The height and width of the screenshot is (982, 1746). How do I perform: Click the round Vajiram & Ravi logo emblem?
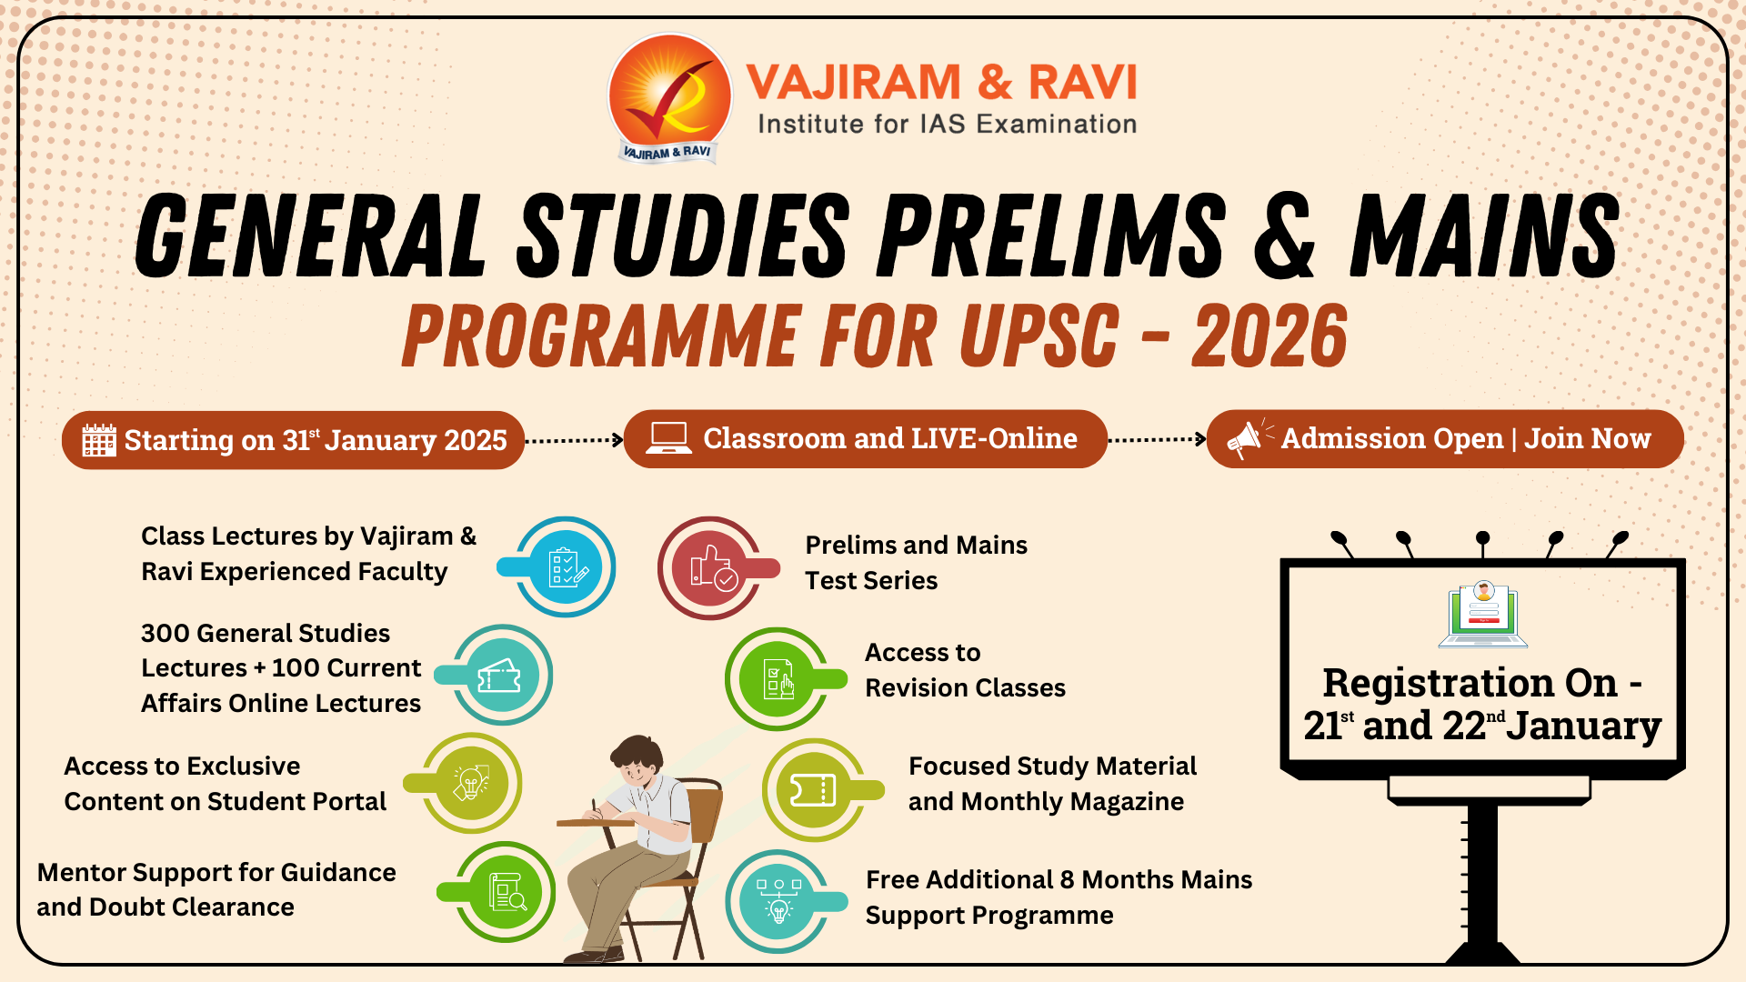(x=670, y=96)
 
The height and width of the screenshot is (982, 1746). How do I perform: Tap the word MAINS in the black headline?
(x=1484, y=235)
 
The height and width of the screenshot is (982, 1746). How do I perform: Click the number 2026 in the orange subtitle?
(x=1269, y=336)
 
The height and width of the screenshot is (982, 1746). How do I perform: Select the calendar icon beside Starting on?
(x=99, y=440)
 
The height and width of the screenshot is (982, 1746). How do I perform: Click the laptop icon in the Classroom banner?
(x=668, y=438)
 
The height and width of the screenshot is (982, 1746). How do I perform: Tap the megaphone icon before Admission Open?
(x=1244, y=439)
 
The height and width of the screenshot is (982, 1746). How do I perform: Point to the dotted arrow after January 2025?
(x=574, y=440)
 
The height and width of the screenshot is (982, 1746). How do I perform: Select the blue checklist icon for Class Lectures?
(x=566, y=567)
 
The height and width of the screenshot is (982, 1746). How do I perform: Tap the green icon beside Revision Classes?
(x=778, y=678)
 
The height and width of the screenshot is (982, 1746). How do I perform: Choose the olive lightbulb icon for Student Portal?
(x=471, y=782)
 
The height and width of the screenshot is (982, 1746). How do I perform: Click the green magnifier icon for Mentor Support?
(x=507, y=892)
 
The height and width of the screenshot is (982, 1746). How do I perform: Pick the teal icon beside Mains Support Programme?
(x=778, y=900)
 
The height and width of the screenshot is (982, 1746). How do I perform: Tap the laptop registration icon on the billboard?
(x=1483, y=615)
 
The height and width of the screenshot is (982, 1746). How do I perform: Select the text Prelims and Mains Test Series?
(x=916, y=563)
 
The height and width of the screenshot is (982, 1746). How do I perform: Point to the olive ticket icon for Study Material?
(x=813, y=790)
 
